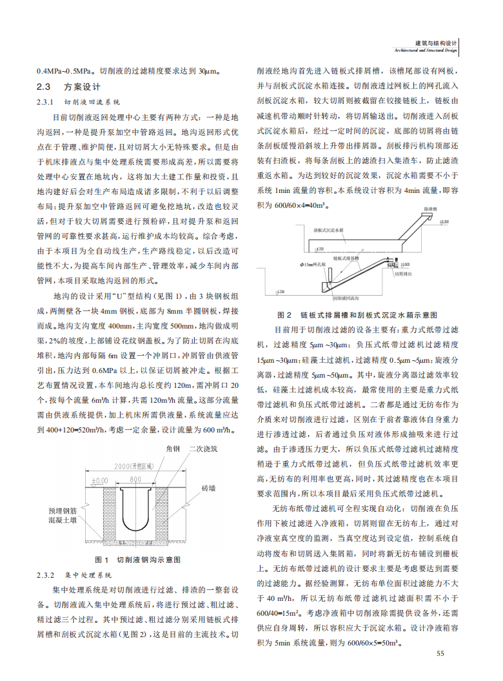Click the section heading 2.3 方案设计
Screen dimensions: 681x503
pos(68,86)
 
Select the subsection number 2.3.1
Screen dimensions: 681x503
pos(46,102)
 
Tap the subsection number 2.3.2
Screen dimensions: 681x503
pos(46,574)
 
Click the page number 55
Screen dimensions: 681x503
pos(440,654)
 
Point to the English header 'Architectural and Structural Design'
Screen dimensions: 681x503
pos(425,50)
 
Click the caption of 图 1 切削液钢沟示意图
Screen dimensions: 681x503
pos(137,559)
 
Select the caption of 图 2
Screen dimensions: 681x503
pos(357,315)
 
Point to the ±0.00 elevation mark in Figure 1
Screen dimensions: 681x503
pos(99,481)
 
